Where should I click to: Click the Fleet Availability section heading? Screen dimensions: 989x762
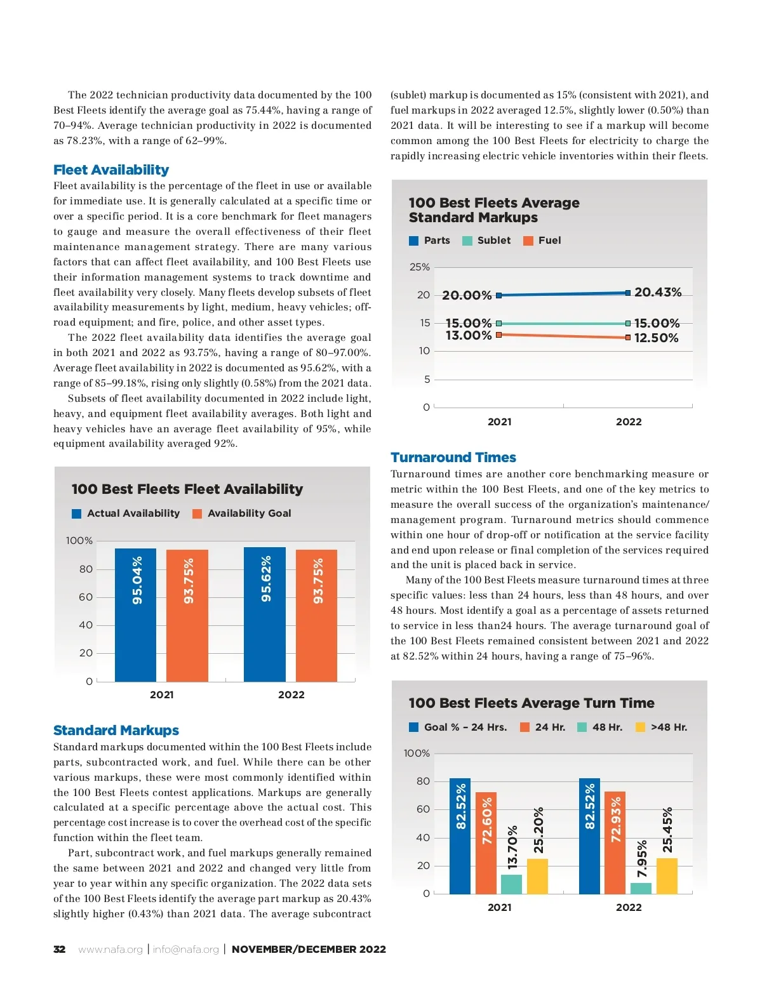tap(111, 170)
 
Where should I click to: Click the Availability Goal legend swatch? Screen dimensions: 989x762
tap(197, 514)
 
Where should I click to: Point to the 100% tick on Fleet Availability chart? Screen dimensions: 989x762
tap(79, 541)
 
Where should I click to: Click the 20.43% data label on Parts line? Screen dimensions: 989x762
tap(658, 292)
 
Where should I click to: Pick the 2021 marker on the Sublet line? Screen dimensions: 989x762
tap(498, 324)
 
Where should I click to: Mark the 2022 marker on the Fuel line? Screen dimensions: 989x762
tap(628, 338)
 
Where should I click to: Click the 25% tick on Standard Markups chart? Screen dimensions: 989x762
tap(420, 267)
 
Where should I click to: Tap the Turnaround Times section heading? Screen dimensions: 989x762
tap(453, 458)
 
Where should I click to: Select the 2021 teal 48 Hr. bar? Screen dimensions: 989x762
tap(511, 884)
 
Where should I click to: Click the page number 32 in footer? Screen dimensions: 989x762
tap(60, 950)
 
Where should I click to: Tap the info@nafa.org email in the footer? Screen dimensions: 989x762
tap(185, 950)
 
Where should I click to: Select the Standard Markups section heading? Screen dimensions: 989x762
tap(116, 731)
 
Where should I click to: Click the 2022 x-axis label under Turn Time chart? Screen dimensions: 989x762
tap(629, 908)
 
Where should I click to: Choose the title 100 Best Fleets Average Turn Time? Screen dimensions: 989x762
tap(531, 703)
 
